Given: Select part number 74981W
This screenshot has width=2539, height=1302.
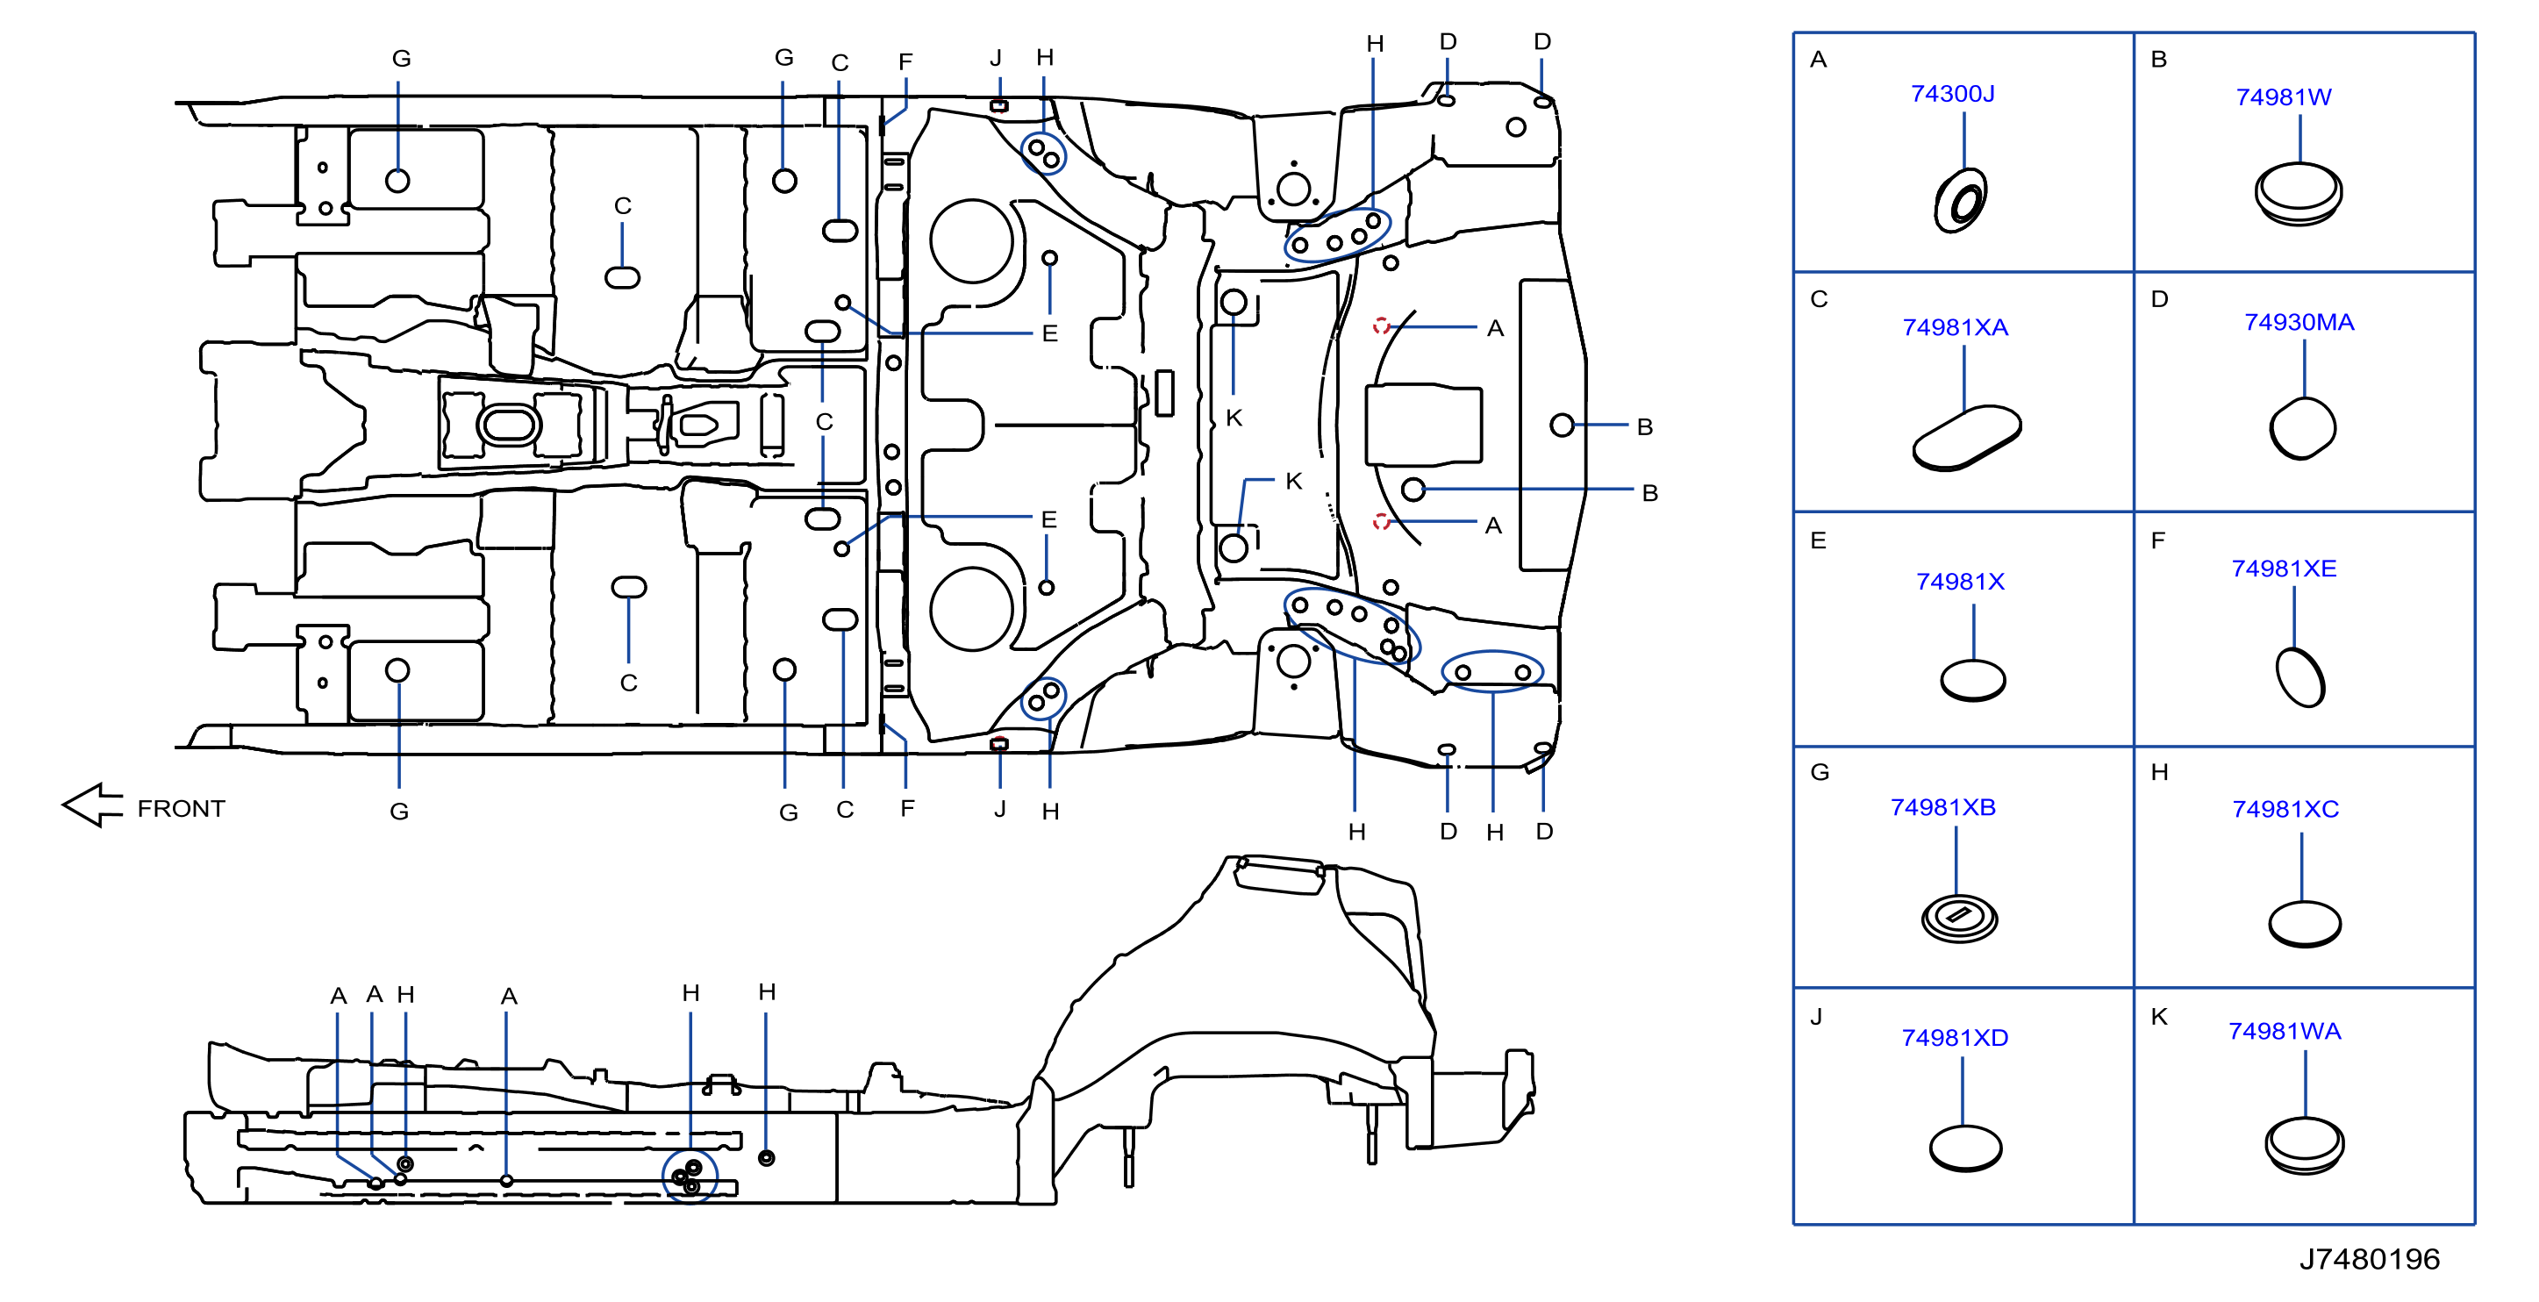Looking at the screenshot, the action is point(2283,97).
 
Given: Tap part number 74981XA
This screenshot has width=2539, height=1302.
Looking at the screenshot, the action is point(1955,327).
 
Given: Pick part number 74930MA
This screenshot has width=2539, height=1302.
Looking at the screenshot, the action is point(2299,322).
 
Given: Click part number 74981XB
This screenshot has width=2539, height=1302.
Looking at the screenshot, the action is point(1942,807).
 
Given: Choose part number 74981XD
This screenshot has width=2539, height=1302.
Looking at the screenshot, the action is point(1955,1038).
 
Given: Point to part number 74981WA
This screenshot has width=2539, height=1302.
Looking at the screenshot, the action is point(2285,1031).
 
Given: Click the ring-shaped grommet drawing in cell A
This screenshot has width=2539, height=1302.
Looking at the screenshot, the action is point(1961,201).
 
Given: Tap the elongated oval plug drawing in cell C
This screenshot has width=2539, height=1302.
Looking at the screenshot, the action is point(1966,438).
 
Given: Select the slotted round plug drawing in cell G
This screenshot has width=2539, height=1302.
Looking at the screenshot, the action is point(1959,919).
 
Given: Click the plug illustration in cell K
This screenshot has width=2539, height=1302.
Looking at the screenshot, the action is point(2305,1145).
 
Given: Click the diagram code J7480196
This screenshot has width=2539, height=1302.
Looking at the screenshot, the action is point(2370,1259).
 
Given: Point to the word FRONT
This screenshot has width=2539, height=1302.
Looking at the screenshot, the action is point(182,808).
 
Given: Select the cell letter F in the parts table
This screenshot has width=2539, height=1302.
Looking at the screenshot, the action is point(2157,540).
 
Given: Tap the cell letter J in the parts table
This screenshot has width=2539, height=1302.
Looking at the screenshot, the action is point(1815,1016).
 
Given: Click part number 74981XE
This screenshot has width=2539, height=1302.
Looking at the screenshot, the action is point(2284,569).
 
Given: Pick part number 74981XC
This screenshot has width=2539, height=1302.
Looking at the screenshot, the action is point(2285,809).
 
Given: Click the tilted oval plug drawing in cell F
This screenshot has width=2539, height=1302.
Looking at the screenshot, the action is point(2300,677).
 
